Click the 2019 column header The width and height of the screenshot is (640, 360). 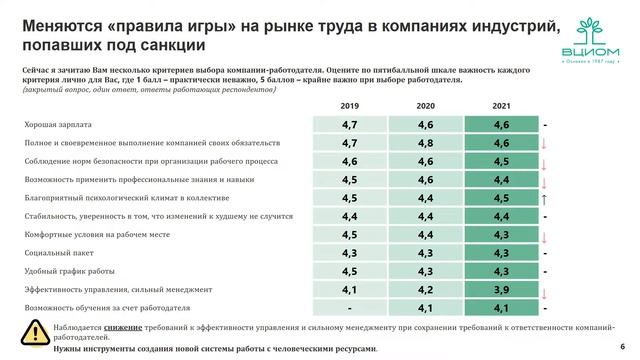[x=349, y=105]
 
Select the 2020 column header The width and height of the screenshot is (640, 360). [x=424, y=105]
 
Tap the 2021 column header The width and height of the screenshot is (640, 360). [x=501, y=105]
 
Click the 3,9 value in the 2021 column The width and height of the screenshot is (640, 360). [x=501, y=289]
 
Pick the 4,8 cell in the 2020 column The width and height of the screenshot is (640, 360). [x=424, y=143]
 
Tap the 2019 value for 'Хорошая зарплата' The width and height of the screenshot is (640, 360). [x=349, y=125]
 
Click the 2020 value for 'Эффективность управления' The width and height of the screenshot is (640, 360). [x=424, y=289]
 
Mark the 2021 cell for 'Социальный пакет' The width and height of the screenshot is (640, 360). [x=501, y=253]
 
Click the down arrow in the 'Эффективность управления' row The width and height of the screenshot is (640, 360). [x=546, y=290]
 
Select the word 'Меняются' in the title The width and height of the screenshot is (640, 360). [x=62, y=22]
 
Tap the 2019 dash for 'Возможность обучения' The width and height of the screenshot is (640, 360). [x=349, y=307]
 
